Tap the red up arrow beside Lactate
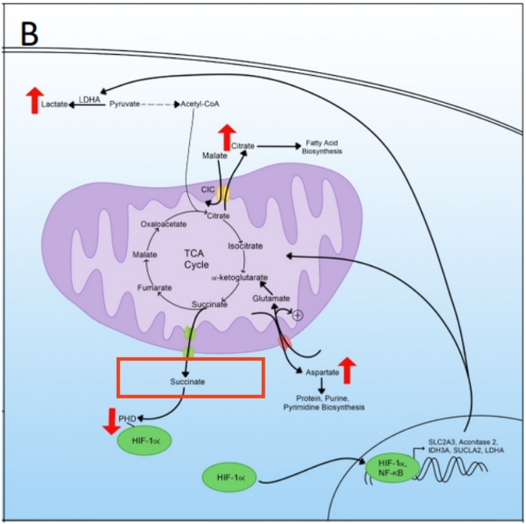point(32,102)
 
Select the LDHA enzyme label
point(90,99)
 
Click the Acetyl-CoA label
point(201,104)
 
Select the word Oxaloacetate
point(162,224)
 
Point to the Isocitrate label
point(246,246)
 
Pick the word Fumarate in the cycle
point(151,287)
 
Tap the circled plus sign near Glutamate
point(297,315)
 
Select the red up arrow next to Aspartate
point(348,369)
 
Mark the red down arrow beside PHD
point(111,418)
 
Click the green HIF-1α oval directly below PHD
point(145,441)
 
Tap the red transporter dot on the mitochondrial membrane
point(284,343)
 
